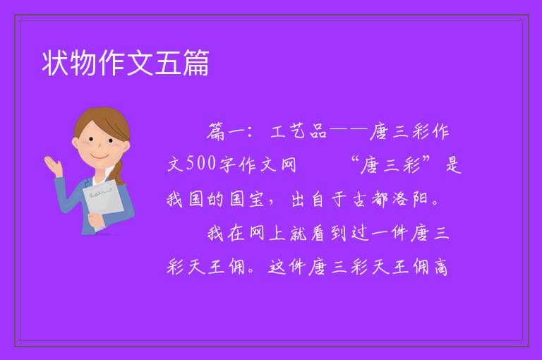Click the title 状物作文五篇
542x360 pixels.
pos(126,63)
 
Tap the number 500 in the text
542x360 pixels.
pos(202,163)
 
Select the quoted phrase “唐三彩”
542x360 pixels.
pos(390,164)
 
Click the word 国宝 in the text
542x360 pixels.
pos(247,199)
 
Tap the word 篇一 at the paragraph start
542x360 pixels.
pos(227,131)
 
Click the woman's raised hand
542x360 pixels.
pos(53,166)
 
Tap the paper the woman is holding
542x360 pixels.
pos(103,201)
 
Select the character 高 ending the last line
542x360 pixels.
pos(441,267)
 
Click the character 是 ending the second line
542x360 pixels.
pos(454,164)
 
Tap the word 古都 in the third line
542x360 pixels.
pos(371,199)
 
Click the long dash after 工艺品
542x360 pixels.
pos(348,131)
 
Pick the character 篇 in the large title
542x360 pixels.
pos(196,63)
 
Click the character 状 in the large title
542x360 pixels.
pos(55,63)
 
